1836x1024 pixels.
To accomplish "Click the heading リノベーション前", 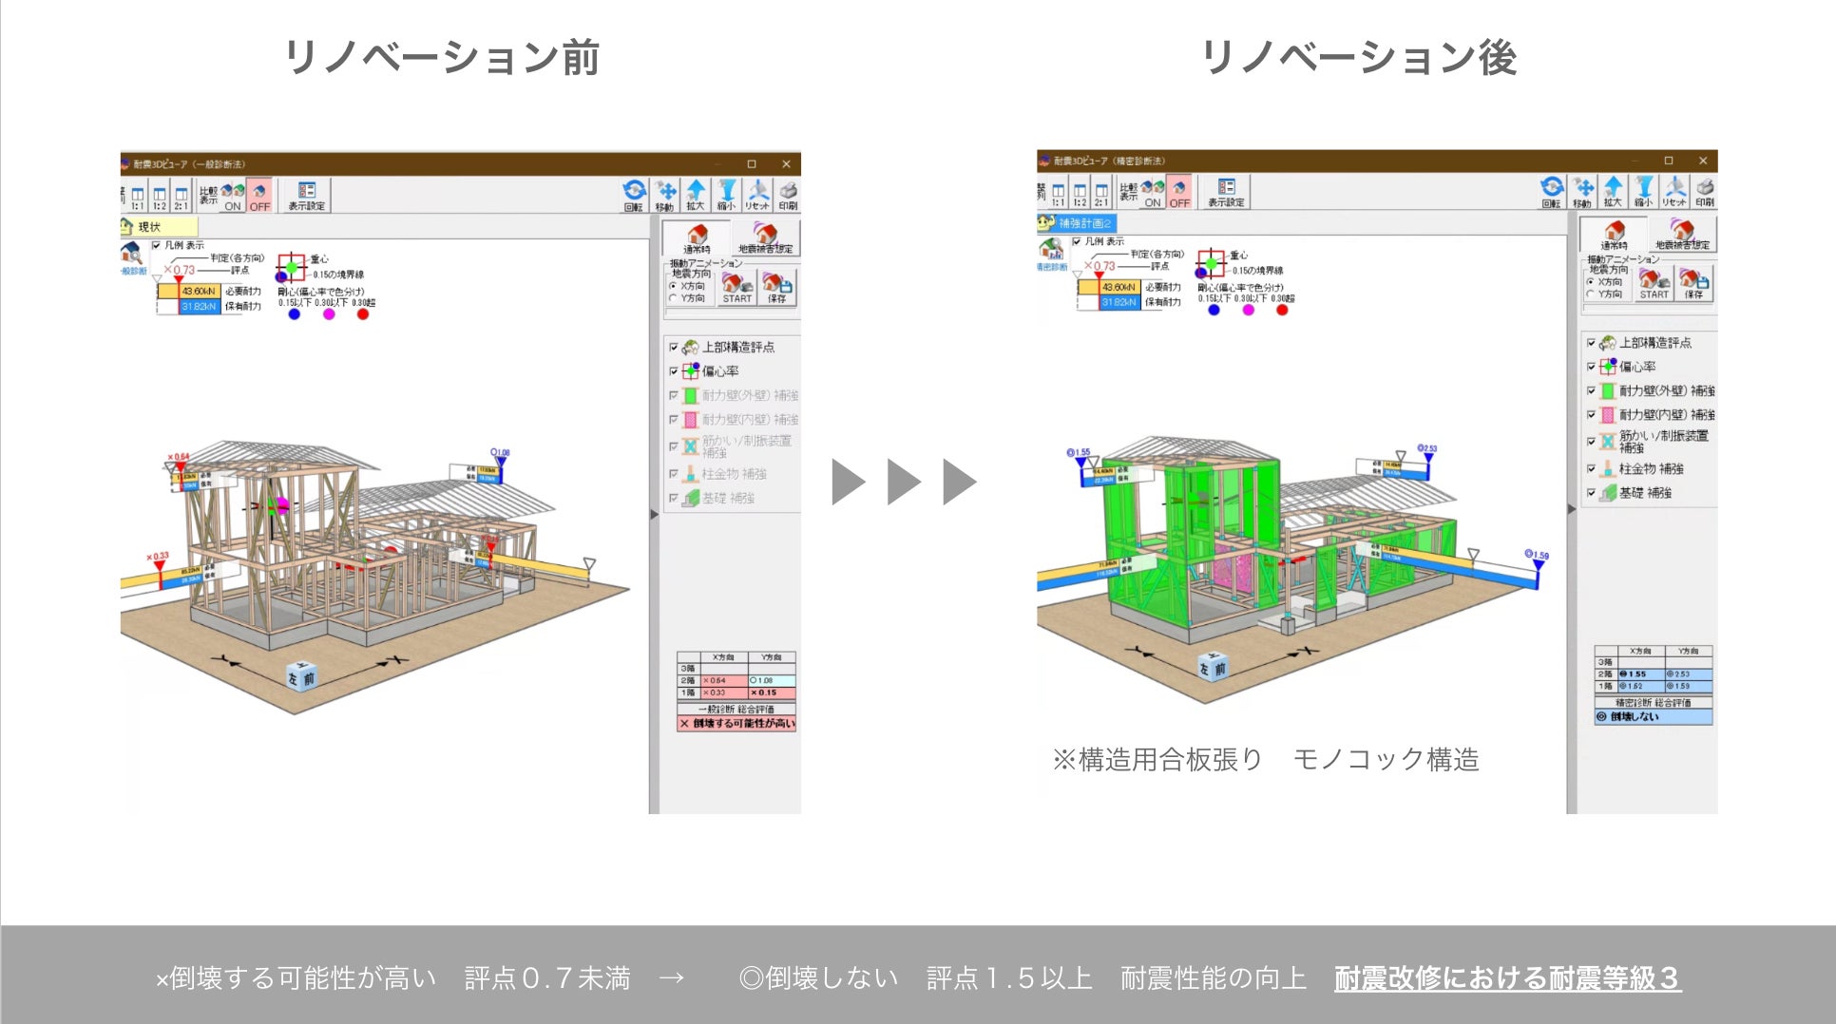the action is [x=441, y=57].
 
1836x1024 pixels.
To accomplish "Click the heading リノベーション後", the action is [x=1358, y=57].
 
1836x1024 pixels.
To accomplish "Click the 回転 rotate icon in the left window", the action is [x=634, y=194].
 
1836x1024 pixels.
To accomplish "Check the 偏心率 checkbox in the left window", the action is [x=674, y=371].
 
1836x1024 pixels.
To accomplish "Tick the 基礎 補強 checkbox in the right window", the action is [x=1591, y=493].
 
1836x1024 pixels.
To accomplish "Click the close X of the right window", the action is [x=1702, y=161].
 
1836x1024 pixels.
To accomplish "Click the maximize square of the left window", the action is [x=751, y=164].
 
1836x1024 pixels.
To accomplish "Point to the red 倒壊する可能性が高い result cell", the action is [x=736, y=724].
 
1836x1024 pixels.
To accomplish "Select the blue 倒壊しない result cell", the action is [x=1653, y=717].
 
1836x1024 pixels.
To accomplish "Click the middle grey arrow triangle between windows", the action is [x=903, y=482].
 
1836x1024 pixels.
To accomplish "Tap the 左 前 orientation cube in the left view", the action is [x=301, y=676].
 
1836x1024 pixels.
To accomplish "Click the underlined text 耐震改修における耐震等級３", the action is [x=1507, y=978].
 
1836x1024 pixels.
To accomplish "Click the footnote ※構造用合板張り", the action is [x=1157, y=760].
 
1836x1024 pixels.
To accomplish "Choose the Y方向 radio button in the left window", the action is [x=673, y=298].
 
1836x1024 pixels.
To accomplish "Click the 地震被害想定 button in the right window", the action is [x=1682, y=234].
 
